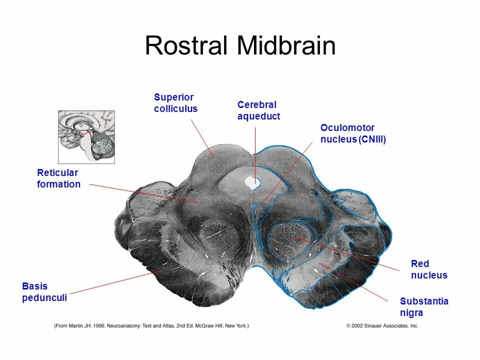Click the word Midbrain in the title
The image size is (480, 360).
click(x=286, y=46)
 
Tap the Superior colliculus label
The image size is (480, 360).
click(x=175, y=102)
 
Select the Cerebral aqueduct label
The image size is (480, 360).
click(x=258, y=110)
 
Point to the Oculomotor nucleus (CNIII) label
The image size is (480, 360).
click(x=353, y=134)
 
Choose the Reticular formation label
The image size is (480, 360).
click(x=58, y=178)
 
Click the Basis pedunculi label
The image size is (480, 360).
click(x=44, y=292)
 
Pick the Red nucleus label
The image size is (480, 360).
click(x=428, y=269)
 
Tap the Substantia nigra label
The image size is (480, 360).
click(x=423, y=307)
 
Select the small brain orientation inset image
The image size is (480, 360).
click(x=86, y=136)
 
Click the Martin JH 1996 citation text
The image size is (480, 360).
click(x=151, y=326)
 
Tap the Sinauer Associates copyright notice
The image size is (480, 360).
click(x=382, y=326)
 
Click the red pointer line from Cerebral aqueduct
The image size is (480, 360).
click(x=255, y=150)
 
